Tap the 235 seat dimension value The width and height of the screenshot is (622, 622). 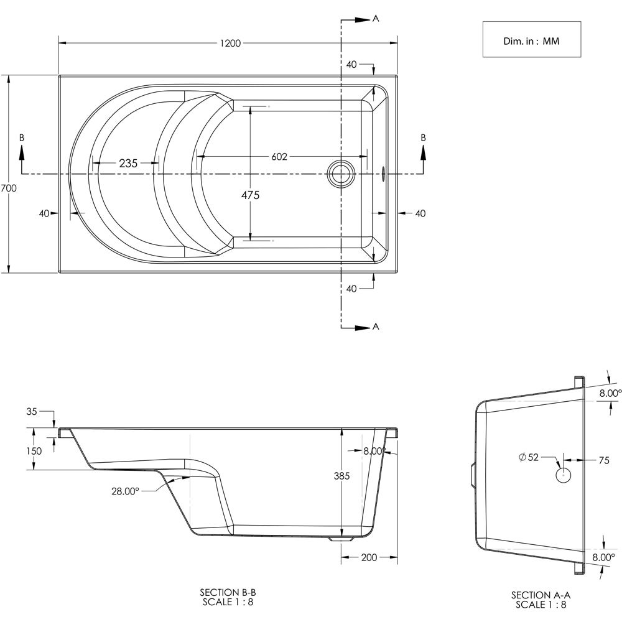point(128,164)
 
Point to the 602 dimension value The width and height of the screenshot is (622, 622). point(279,157)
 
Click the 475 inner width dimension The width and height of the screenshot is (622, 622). point(250,195)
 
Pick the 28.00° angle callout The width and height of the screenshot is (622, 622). point(125,491)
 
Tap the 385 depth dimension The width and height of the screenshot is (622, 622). point(341,476)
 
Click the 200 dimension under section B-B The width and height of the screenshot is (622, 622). point(369,557)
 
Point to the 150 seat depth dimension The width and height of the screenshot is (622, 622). point(34,451)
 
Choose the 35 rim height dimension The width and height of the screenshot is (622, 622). point(32,411)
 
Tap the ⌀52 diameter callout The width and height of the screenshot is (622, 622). point(529,458)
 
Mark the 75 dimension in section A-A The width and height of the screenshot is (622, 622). point(603,461)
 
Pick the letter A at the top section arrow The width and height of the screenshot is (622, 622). point(376,19)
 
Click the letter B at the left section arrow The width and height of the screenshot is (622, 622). point(22,137)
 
